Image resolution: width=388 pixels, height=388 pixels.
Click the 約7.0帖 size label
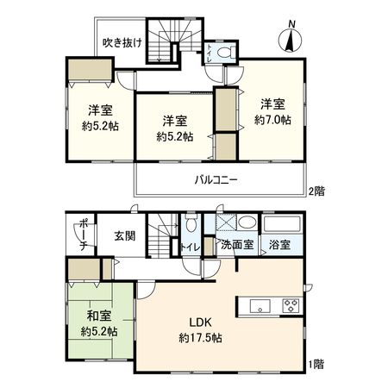click(270, 119)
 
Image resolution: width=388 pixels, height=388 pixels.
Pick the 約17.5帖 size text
click(200, 338)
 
